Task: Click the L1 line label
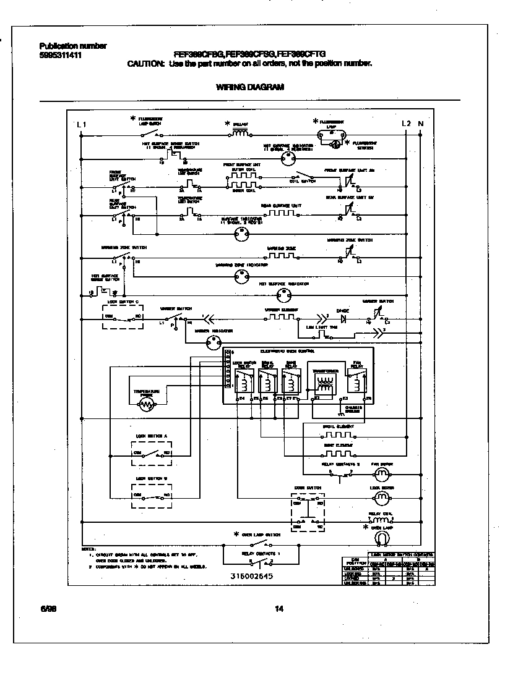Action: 81,124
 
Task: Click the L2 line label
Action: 406,124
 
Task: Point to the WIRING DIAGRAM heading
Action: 250,87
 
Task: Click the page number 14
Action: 278,609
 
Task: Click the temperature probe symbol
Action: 147,404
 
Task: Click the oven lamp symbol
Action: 384,538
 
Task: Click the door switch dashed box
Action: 308,512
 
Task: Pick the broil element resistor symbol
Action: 338,434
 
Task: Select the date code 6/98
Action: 47,609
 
